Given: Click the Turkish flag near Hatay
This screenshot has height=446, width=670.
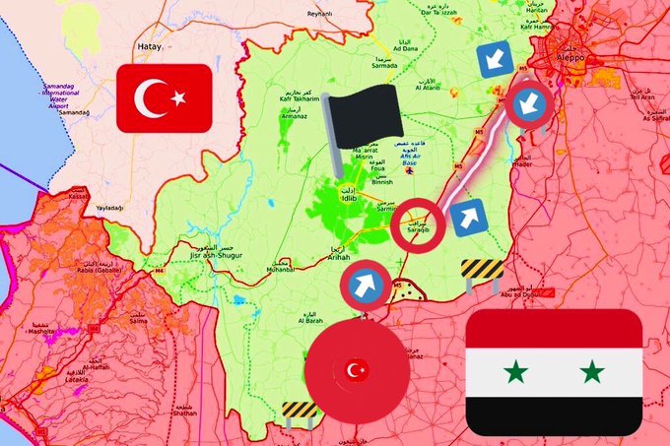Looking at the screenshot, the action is click(x=164, y=98).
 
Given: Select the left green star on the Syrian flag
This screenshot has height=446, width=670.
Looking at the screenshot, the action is click(x=514, y=372).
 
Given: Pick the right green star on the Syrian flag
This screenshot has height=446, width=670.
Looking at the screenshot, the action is click(x=591, y=372).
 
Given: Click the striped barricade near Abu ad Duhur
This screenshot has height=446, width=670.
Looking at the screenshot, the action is click(x=482, y=270).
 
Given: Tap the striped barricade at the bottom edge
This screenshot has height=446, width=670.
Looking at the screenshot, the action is click(x=299, y=410).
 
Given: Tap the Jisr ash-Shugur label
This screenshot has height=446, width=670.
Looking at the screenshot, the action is click(x=221, y=255).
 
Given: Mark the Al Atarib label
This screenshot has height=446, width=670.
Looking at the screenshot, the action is click(x=428, y=88).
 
